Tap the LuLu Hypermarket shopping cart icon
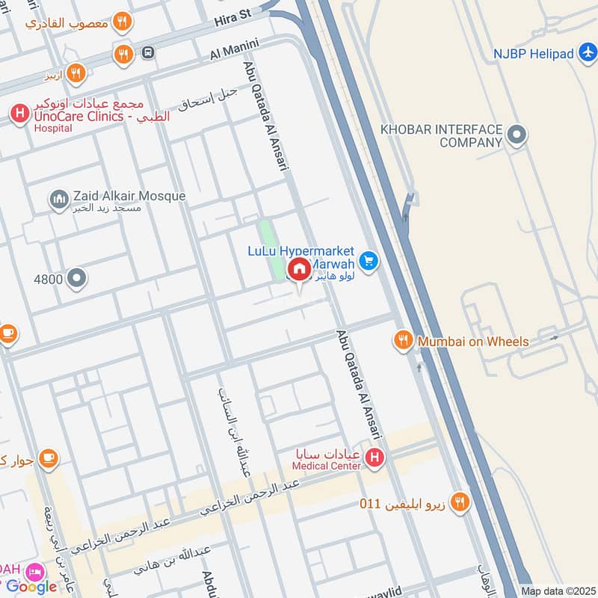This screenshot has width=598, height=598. click(x=367, y=261)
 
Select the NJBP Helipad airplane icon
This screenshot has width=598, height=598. click(x=588, y=53)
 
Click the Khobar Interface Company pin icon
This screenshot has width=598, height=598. click(x=517, y=135)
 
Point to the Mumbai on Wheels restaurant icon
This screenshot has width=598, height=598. click(x=404, y=341)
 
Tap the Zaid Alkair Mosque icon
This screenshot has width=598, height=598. click(x=59, y=200)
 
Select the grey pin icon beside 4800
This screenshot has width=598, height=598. click(x=76, y=280)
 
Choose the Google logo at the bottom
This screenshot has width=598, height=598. click(x=31, y=587)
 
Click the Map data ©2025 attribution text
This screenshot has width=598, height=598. click(x=558, y=591)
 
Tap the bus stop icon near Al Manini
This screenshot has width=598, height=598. click(x=149, y=52)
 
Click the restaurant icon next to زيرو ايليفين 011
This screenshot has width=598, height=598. click(x=460, y=502)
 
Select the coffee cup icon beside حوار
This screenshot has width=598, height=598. click(x=49, y=458)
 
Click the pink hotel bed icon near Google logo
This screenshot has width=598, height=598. click(x=34, y=573)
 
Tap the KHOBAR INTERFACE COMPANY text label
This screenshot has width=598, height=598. click(x=440, y=135)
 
